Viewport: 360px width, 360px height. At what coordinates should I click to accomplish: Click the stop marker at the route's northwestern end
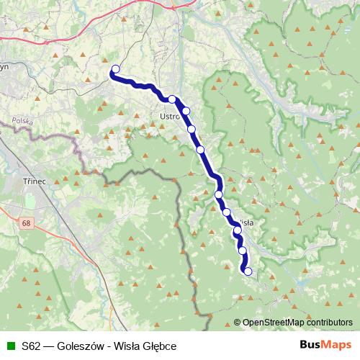pyautogui.click(x=114, y=69)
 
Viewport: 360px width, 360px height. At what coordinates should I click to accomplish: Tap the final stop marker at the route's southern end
pyautogui.click(x=248, y=271)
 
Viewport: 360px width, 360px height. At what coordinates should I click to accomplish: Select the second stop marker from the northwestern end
pyautogui.click(x=173, y=99)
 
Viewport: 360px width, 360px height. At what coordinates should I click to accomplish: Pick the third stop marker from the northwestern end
pyautogui.click(x=186, y=111)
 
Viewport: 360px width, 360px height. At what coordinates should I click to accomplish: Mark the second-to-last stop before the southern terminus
pyautogui.click(x=242, y=251)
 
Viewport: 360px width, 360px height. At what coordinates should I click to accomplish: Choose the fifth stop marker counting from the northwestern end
pyautogui.click(x=201, y=150)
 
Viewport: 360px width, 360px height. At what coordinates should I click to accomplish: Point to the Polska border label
pyautogui.click(x=22, y=122)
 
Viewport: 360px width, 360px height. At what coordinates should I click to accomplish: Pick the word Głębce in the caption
pyautogui.click(x=159, y=346)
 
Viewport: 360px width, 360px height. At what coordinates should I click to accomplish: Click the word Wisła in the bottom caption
pyautogui.click(x=128, y=346)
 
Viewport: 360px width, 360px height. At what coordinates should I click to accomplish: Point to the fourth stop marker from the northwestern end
pyautogui.click(x=192, y=130)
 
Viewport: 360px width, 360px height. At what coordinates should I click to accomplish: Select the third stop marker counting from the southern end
pyautogui.click(x=237, y=231)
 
